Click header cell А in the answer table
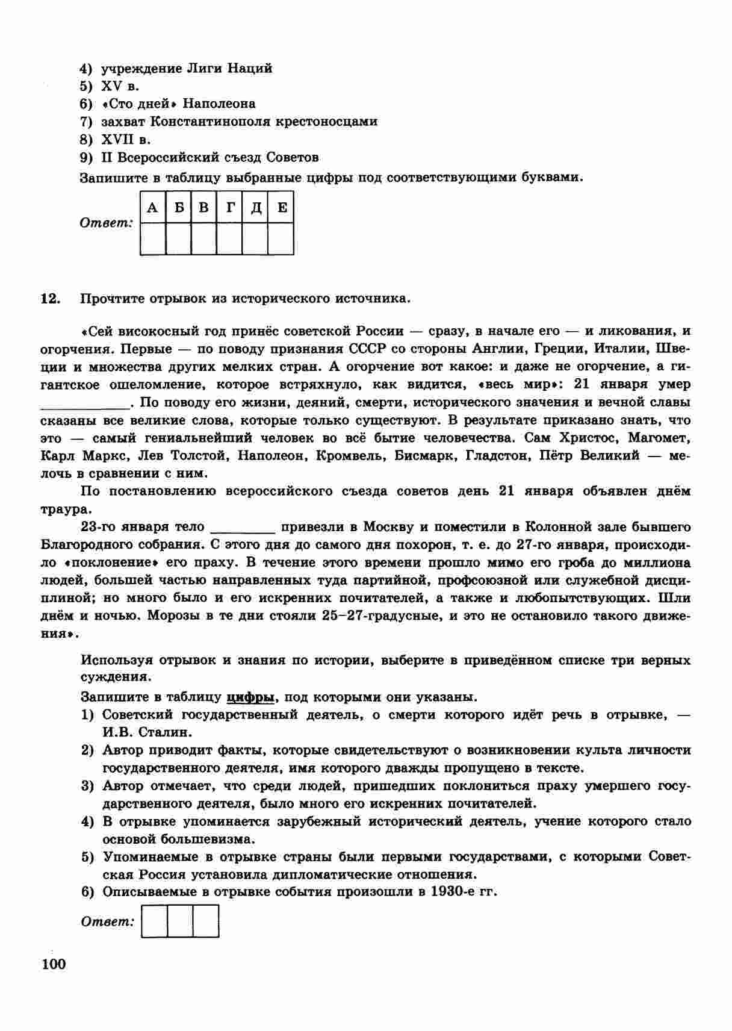(152, 208)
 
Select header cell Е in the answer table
(281, 208)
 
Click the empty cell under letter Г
(229, 239)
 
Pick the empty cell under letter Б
(178, 239)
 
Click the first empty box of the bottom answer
(154, 921)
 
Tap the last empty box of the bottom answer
(206, 921)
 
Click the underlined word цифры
(250, 697)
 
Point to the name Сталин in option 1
(166, 733)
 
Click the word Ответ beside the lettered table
(106, 223)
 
